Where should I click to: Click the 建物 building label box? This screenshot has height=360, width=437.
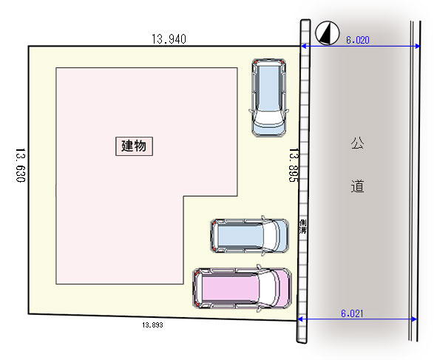point(134,146)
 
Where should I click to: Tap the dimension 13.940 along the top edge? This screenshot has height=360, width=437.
point(169,39)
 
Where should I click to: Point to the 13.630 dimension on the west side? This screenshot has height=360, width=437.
point(21,165)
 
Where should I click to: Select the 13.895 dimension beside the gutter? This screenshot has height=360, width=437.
point(294,165)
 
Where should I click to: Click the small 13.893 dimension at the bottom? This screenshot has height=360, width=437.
point(152,325)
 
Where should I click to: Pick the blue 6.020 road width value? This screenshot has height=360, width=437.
point(358,40)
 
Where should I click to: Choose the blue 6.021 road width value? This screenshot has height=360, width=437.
point(352,313)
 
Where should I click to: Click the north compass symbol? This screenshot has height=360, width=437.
point(327,33)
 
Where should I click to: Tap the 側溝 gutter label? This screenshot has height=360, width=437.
point(302,227)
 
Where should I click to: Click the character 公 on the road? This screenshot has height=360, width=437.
point(357,143)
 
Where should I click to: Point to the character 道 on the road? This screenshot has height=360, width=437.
point(357,186)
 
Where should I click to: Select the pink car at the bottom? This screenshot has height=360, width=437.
point(242,288)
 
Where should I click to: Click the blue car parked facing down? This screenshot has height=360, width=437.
point(268,98)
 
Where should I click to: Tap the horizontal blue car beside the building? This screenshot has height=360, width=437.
point(249,236)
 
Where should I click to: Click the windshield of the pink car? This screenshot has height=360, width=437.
point(266,288)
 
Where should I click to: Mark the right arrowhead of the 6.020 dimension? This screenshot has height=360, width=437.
point(418,46)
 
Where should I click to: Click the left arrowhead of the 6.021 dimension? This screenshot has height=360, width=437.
point(300,319)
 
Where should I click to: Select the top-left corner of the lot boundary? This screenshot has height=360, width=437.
point(28,47)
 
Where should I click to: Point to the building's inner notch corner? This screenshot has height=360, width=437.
point(183,196)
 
